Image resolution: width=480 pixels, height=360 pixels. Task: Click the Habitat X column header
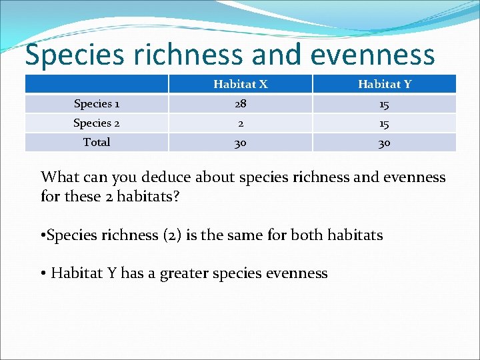point(240,84)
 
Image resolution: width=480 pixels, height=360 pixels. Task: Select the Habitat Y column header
point(384,84)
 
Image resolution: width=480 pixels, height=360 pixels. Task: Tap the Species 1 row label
point(97,103)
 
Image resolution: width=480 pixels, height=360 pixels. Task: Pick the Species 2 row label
point(97,123)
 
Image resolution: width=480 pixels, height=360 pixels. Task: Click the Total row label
point(97,142)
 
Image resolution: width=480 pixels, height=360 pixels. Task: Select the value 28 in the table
point(240,103)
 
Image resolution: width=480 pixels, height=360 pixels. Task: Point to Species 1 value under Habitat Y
point(384,103)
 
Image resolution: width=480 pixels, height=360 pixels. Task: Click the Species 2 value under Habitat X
point(240,123)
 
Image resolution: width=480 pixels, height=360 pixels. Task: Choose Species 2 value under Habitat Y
point(384,123)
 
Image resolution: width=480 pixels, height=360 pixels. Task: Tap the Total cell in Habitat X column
point(240,142)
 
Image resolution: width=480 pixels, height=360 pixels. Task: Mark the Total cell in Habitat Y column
point(384,142)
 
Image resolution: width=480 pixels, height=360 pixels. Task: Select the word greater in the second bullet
point(184,273)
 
